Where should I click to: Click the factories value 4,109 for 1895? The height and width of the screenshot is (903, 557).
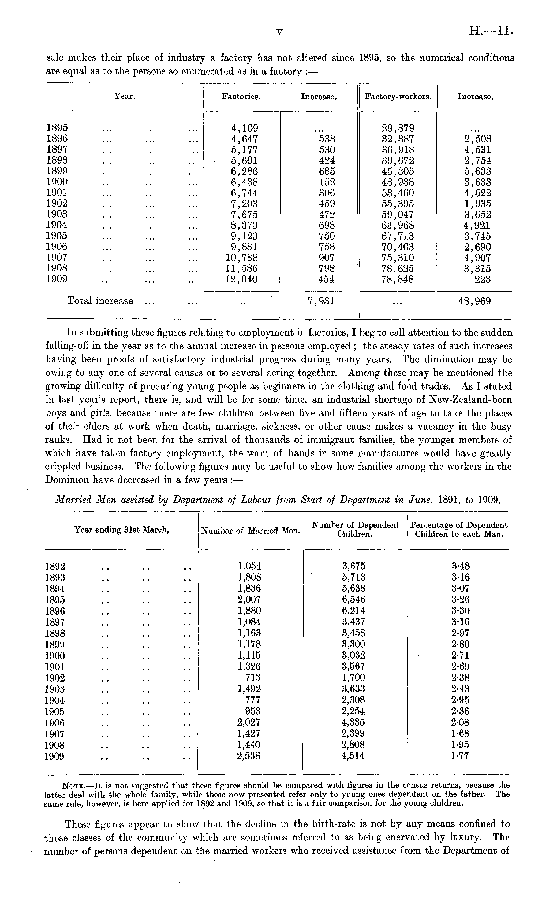pyautogui.click(x=244, y=128)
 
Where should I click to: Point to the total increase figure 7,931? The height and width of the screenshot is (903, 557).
pyautogui.click(x=321, y=301)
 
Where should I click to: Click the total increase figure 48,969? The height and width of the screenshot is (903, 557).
pyautogui.click(x=474, y=301)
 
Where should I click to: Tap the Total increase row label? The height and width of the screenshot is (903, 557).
pyautogui.click(x=100, y=301)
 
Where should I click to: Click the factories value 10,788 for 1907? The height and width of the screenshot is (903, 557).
pyautogui.click(x=241, y=258)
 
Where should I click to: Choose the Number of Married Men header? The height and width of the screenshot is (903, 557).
pyautogui.click(x=251, y=531)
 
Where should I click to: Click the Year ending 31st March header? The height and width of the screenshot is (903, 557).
pyautogui.click(x=122, y=530)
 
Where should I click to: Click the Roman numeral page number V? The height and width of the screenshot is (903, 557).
pyautogui.click(x=279, y=32)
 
